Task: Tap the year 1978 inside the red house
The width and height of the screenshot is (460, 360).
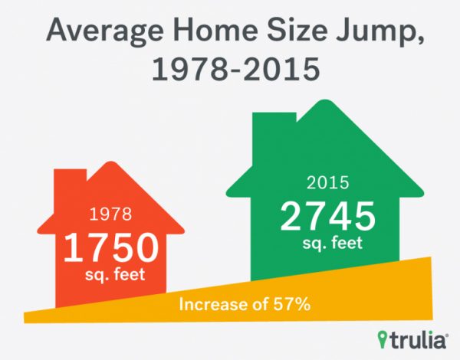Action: [x=110, y=210]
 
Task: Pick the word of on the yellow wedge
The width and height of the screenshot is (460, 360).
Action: [x=255, y=305]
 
